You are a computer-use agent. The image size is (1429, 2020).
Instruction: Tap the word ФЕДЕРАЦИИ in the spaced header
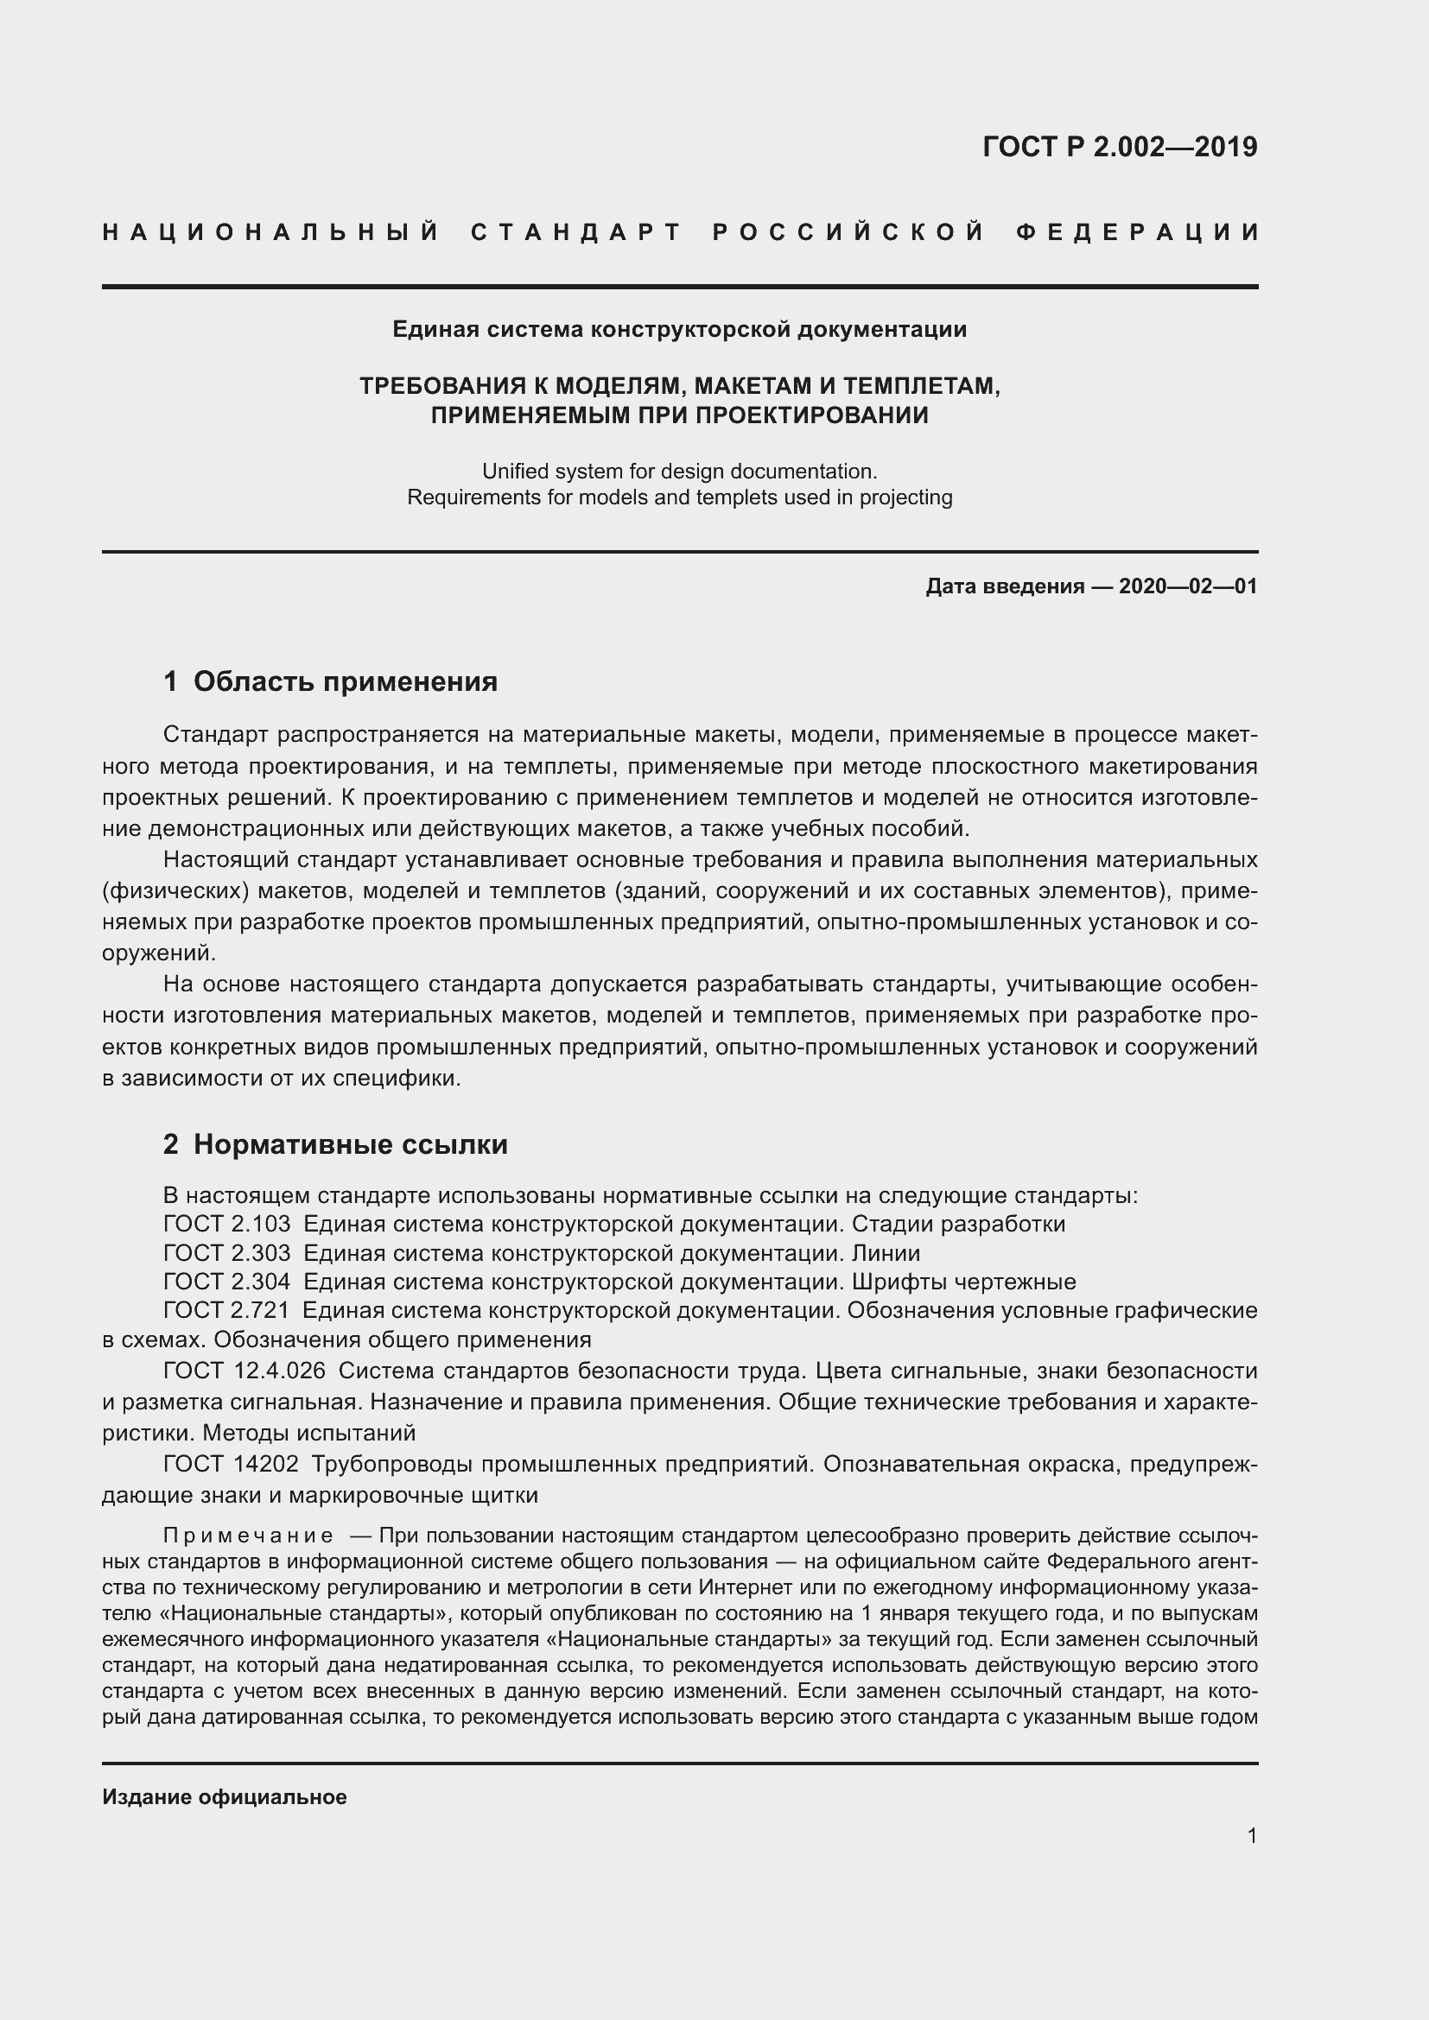coord(1138,232)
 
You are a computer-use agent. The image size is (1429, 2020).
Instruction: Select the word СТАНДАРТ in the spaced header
coord(576,232)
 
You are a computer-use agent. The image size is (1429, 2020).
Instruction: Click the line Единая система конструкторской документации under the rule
coord(679,330)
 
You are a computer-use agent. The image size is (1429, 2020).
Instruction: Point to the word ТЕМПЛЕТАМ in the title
coord(920,385)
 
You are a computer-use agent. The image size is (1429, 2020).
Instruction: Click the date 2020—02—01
coord(1187,586)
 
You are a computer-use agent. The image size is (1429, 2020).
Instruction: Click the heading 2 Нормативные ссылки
coord(335,1144)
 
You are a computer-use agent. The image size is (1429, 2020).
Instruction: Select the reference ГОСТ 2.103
coord(226,1224)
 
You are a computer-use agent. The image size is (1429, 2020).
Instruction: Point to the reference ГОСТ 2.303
coord(226,1253)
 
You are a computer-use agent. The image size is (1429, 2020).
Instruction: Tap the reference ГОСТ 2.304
coord(226,1282)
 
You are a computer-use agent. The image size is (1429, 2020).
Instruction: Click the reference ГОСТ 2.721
coord(226,1311)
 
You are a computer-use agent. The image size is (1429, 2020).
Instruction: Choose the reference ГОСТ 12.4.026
coord(244,1371)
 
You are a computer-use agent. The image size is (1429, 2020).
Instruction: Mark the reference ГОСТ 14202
coord(231,1465)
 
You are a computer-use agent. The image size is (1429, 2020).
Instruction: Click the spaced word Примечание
coord(248,1536)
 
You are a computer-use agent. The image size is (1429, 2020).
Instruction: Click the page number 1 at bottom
coord(1251,1836)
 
